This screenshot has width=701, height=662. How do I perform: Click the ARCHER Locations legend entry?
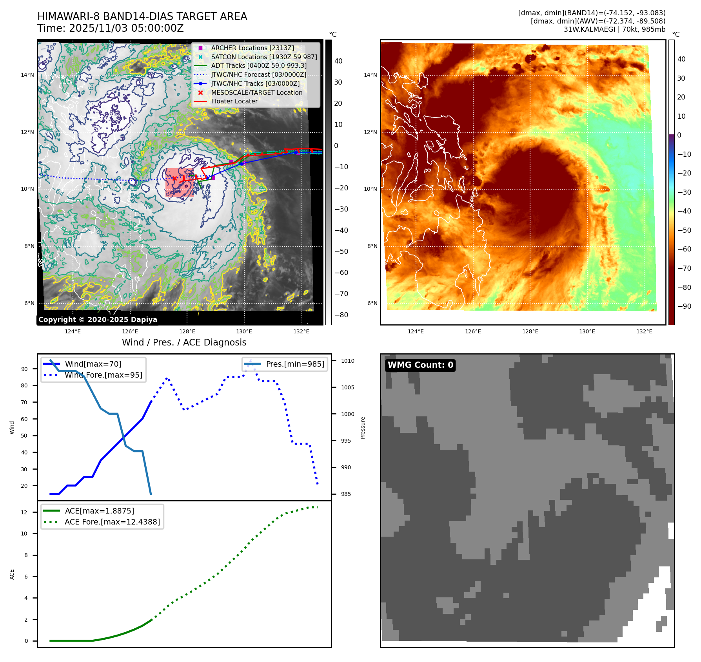click(252, 48)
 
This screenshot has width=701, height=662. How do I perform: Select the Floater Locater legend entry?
click(234, 101)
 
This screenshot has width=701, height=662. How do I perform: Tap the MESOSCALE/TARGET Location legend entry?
click(256, 92)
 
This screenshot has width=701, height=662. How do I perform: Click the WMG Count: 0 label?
click(420, 365)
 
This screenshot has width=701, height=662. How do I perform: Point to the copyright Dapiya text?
click(98, 320)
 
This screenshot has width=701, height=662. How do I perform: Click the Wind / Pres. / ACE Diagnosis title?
click(184, 342)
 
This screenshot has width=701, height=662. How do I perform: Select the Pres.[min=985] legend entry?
click(295, 364)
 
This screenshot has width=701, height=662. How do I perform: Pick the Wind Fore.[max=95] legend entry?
click(103, 375)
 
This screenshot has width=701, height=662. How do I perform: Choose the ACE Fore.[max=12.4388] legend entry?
click(112, 522)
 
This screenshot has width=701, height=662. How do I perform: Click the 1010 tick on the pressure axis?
click(347, 361)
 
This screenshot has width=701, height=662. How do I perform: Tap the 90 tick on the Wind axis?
click(25, 369)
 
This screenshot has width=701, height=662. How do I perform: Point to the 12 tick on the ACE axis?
click(24, 512)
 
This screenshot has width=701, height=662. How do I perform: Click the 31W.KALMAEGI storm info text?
click(614, 29)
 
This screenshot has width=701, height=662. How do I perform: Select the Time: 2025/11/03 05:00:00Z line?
click(111, 28)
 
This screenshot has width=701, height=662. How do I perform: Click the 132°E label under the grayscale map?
click(301, 331)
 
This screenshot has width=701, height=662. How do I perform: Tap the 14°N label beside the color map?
click(370, 75)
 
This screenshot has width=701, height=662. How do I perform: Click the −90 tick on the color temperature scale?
click(685, 306)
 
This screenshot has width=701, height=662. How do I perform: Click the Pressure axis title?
click(363, 428)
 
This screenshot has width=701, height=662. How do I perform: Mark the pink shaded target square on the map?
click(179, 182)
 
